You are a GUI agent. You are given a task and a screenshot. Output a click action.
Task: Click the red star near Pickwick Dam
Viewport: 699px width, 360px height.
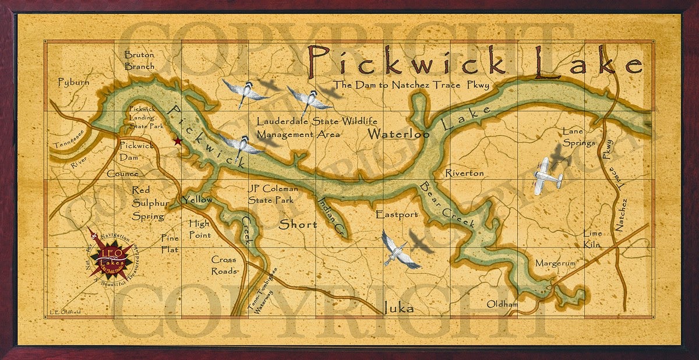[177, 141]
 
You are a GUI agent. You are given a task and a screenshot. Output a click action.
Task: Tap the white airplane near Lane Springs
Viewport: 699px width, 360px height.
[548, 174]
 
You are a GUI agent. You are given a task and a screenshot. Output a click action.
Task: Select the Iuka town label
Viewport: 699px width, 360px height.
[398, 308]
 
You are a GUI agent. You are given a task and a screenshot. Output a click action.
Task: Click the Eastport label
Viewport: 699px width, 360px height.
[397, 215]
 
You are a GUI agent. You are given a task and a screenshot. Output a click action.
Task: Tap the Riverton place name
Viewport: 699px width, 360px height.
[464, 173]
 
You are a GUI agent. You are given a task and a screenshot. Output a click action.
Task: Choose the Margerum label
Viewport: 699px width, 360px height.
[555, 263]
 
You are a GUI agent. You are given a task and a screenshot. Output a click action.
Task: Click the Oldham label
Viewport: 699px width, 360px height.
[503, 304]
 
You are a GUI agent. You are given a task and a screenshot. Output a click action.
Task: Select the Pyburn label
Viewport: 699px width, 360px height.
[74, 83]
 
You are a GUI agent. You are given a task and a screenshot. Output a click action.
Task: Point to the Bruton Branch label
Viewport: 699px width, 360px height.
[140, 61]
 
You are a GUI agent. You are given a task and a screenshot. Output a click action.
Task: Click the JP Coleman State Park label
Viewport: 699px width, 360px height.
[273, 194]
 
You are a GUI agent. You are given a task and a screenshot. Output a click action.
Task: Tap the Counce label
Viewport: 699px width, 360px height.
[122, 174]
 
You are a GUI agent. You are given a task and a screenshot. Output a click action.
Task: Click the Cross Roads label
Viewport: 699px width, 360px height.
[224, 266]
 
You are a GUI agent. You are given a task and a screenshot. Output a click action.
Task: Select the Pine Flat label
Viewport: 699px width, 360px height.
[171, 243]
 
